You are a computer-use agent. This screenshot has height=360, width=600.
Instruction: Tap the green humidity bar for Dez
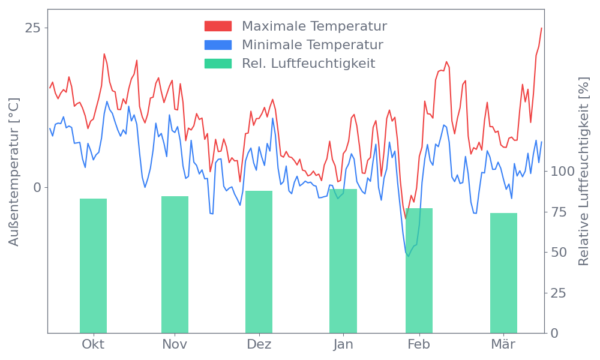point(259,262)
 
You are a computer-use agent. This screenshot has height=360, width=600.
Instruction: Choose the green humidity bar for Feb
point(419,271)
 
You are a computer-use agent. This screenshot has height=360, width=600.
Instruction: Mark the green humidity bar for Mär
point(503,273)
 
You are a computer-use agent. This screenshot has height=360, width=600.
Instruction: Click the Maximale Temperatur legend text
point(314,26)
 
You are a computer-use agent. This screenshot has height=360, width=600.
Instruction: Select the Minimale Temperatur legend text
point(312,45)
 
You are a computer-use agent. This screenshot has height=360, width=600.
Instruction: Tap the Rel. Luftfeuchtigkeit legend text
point(308,64)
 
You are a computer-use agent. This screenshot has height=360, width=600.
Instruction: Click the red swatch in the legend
point(218,26)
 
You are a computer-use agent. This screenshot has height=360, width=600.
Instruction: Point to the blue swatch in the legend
point(218,45)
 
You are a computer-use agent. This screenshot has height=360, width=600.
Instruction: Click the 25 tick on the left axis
point(33,28)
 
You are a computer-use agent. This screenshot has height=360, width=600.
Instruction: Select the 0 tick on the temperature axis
point(37,187)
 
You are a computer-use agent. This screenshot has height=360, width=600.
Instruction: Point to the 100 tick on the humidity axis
point(563,172)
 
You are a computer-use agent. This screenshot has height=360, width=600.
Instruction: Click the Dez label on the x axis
point(259,344)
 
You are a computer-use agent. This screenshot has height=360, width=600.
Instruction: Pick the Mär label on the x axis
point(503,344)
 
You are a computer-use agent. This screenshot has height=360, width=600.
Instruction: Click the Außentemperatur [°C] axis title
point(14,172)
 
